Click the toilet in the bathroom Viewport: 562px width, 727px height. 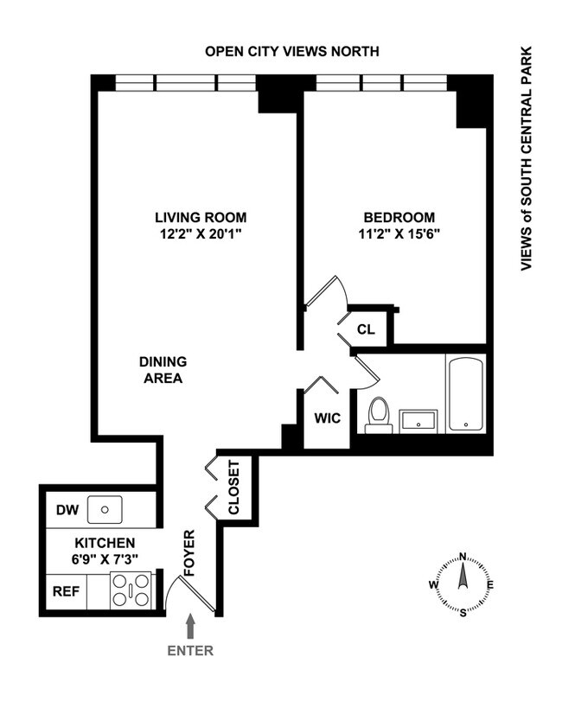pyautogui.click(x=378, y=414)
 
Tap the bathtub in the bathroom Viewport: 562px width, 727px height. pyautogui.click(x=466, y=394)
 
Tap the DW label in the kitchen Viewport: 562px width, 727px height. pyautogui.click(x=67, y=510)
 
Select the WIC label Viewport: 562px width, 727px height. pyautogui.click(x=327, y=418)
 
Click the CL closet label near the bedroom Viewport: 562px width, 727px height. pyautogui.click(x=365, y=328)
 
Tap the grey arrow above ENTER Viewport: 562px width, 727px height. pyautogui.click(x=191, y=625)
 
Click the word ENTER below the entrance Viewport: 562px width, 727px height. pyautogui.click(x=191, y=651)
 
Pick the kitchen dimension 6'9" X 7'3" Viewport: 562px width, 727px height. pyautogui.click(x=102, y=558)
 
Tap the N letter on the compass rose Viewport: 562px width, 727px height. pyautogui.click(x=463, y=557)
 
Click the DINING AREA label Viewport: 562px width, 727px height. pyautogui.click(x=163, y=370)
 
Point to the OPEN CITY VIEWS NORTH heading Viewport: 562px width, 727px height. pyautogui.click(x=291, y=52)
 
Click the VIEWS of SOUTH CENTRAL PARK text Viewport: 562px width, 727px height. pyautogui.click(x=525, y=160)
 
